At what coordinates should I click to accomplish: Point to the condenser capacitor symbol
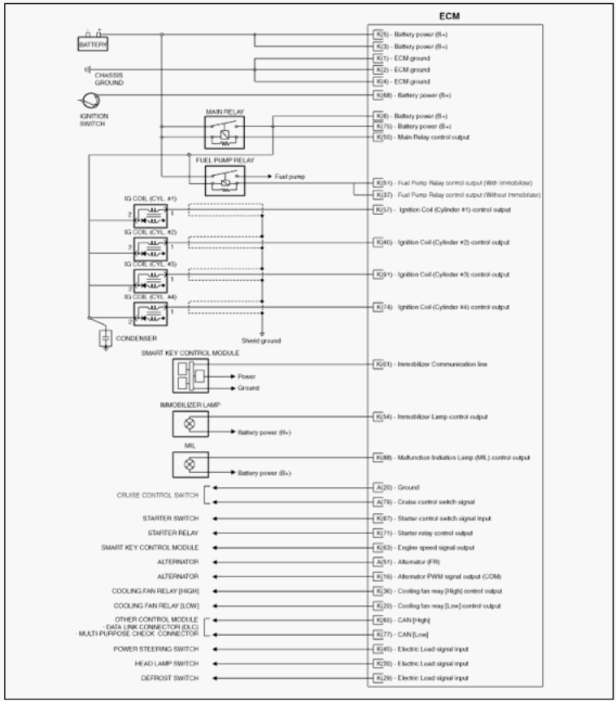[x=104, y=337]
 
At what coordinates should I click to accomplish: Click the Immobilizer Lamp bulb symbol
[x=190, y=423]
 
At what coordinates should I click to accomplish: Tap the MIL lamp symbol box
[x=190, y=464]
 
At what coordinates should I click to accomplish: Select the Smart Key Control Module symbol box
[x=190, y=376]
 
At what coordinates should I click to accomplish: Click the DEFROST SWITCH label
[x=177, y=678]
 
